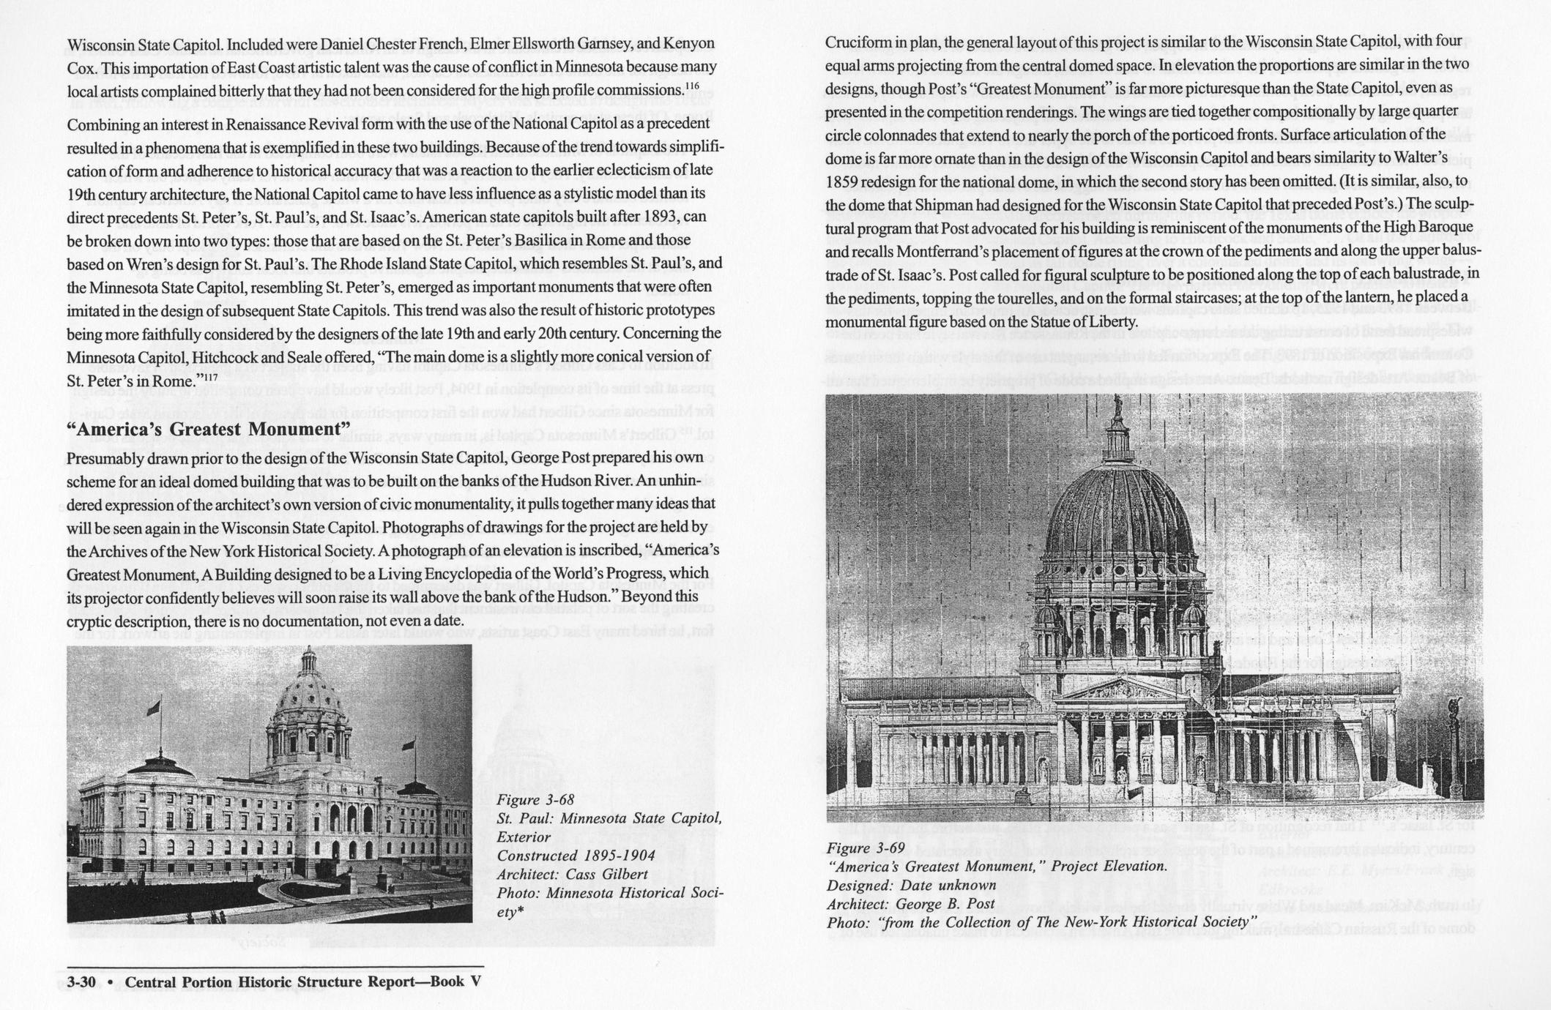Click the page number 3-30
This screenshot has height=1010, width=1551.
81,982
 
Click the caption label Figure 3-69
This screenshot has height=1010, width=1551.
866,848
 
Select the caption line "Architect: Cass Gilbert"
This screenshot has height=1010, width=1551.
572,874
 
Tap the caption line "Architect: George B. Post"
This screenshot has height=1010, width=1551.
910,904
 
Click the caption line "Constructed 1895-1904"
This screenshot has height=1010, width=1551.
576,856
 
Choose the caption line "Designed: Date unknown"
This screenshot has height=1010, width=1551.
911,885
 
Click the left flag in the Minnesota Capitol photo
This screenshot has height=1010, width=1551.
153,708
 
